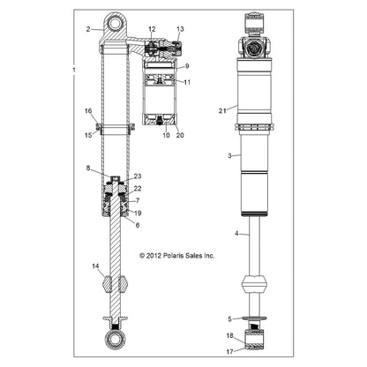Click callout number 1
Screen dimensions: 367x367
[75, 68]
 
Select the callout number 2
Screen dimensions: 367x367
[89, 29]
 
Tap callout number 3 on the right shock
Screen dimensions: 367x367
[228, 155]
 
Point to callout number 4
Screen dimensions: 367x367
[236, 233]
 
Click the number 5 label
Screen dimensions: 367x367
[230, 318]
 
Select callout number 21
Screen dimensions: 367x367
[223, 110]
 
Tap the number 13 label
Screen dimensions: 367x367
[180, 29]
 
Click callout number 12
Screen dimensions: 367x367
[152, 30]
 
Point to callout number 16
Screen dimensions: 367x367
[88, 110]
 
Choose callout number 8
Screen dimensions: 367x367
[88, 168]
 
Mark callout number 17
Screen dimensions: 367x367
[230, 350]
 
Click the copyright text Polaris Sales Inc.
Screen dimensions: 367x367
[177, 256]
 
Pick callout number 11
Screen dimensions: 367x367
[186, 81]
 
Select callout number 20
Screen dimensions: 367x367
[180, 135]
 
